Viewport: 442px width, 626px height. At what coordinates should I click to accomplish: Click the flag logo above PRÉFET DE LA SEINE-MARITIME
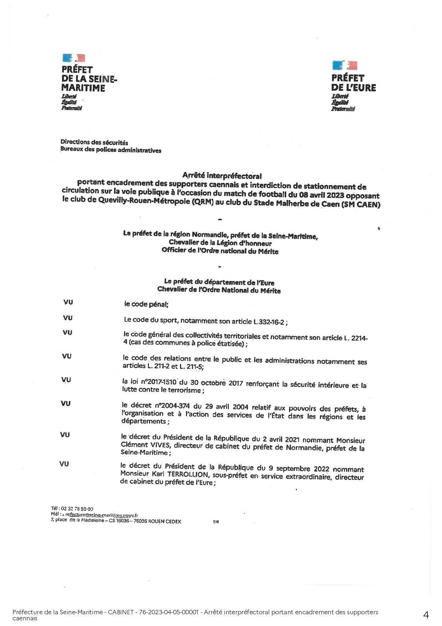[74, 58]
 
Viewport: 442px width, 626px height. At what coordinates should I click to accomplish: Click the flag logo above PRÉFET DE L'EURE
[345, 65]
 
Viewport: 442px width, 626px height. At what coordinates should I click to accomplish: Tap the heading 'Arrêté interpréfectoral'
[222, 176]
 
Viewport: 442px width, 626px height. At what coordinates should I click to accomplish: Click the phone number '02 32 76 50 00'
[77, 509]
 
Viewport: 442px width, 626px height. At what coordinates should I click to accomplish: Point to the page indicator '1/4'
[216, 522]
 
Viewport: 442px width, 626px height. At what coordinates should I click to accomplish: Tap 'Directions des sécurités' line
[94, 143]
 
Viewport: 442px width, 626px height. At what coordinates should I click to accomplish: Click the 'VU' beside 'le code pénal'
[68, 302]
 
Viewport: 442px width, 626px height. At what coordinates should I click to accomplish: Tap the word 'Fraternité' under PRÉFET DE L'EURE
[343, 109]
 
